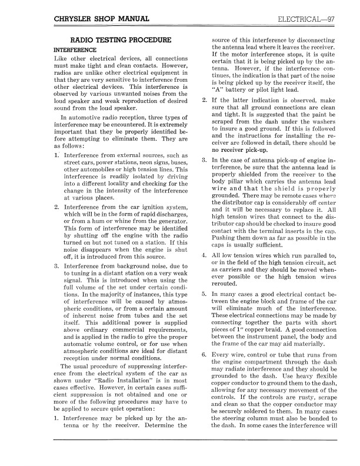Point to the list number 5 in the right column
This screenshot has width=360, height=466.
point(204,293)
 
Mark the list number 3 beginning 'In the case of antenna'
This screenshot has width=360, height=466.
point(204,160)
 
